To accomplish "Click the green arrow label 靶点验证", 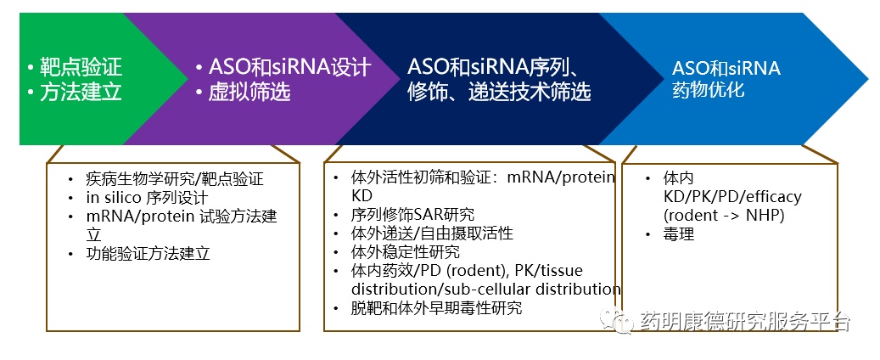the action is pos(81,68).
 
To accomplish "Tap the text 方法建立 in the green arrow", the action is pos(81,92).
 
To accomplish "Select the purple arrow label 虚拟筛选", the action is pos(249,92).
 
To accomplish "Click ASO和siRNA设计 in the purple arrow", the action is pos(289,68).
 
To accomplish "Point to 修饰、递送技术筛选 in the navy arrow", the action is pos(499,92).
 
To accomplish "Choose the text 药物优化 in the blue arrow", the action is pos(709,90).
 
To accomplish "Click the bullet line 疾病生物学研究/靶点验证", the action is pos(175,179).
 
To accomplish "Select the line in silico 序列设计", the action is pos(147,198).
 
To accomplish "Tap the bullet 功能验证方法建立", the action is pos(148,253).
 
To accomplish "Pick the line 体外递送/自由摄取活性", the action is pos(432,233).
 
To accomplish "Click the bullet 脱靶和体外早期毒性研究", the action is pos(436,307).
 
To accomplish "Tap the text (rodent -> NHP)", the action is pos(723,216).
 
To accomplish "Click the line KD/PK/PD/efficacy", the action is pos(731,197).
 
